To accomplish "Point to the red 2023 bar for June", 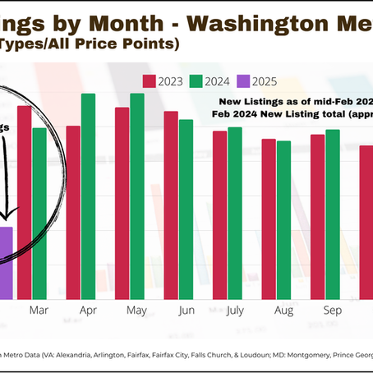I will tap(171, 205).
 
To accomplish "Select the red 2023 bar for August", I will tap(269, 218).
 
